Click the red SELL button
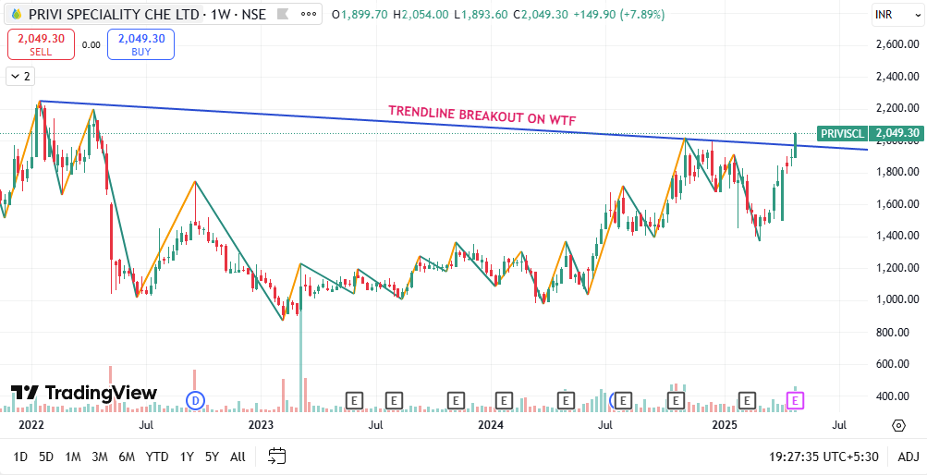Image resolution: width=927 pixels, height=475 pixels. (41, 44)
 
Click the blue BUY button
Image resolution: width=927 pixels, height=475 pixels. (140, 44)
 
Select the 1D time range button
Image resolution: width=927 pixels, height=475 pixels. (20, 457)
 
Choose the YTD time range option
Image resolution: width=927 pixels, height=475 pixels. (157, 457)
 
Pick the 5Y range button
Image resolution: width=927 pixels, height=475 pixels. (212, 457)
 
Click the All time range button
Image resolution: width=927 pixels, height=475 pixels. (238, 457)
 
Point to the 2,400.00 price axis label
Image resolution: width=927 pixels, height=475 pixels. (897, 76)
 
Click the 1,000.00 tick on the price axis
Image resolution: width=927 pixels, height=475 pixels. (897, 299)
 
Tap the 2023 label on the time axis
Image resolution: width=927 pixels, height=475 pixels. (261, 425)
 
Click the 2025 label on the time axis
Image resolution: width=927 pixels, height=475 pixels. (725, 425)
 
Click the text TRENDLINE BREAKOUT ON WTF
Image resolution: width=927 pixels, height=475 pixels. (482, 115)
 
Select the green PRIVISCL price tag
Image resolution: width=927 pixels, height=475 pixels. (870, 133)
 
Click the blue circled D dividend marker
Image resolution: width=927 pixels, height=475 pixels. (195, 401)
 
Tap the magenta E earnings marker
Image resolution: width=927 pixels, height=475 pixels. (795, 400)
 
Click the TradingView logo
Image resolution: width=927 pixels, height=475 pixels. (84, 393)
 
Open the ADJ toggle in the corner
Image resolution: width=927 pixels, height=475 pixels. (909, 457)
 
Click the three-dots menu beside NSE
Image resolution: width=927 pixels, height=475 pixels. (309, 14)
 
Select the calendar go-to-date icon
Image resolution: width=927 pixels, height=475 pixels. (276, 457)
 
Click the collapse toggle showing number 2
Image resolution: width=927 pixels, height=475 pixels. (20, 76)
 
